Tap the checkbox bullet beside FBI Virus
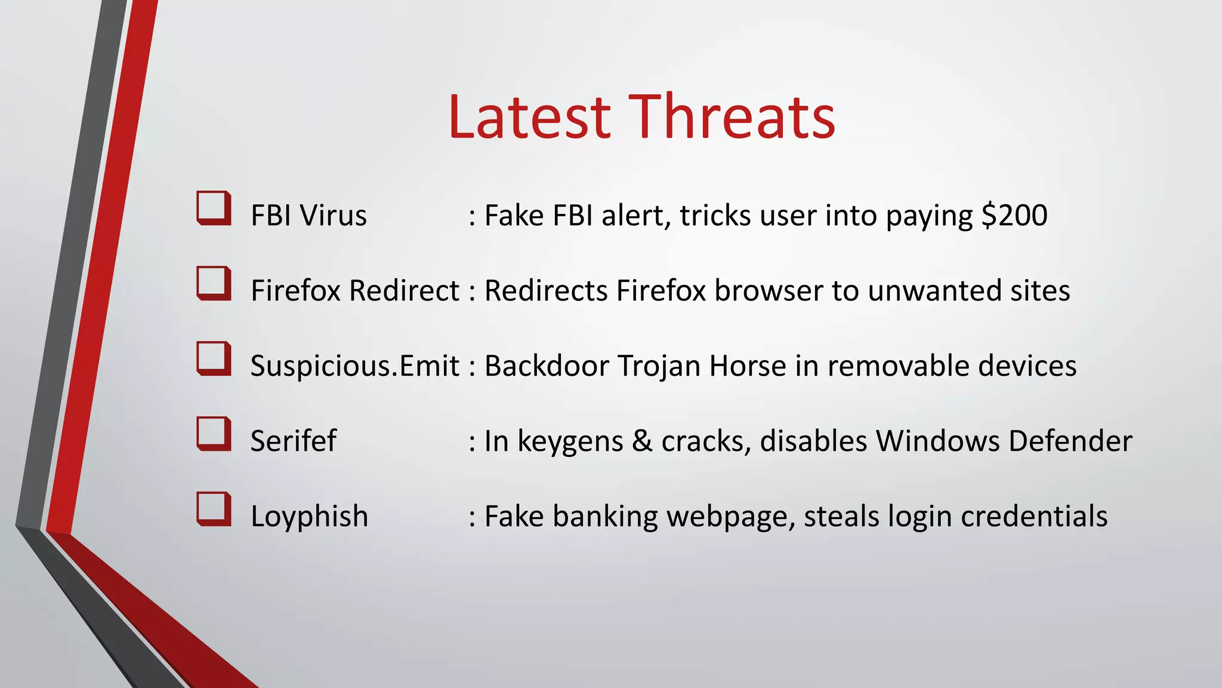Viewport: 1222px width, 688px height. click(x=214, y=208)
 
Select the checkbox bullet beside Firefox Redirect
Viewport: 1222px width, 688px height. click(x=214, y=283)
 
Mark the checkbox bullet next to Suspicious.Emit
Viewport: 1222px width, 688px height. click(x=214, y=358)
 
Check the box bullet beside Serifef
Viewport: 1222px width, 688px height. click(x=214, y=434)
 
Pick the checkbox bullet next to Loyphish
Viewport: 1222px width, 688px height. click(x=214, y=509)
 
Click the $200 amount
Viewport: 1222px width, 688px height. click(x=1014, y=216)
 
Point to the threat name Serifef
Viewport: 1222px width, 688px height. click(x=293, y=441)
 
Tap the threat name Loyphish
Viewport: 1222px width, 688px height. click(x=309, y=517)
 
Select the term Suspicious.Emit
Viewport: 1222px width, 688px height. click(x=354, y=366)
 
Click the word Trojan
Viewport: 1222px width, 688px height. click(x=659, y=366)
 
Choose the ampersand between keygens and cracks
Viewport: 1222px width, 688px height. click(x=642, y=441)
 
